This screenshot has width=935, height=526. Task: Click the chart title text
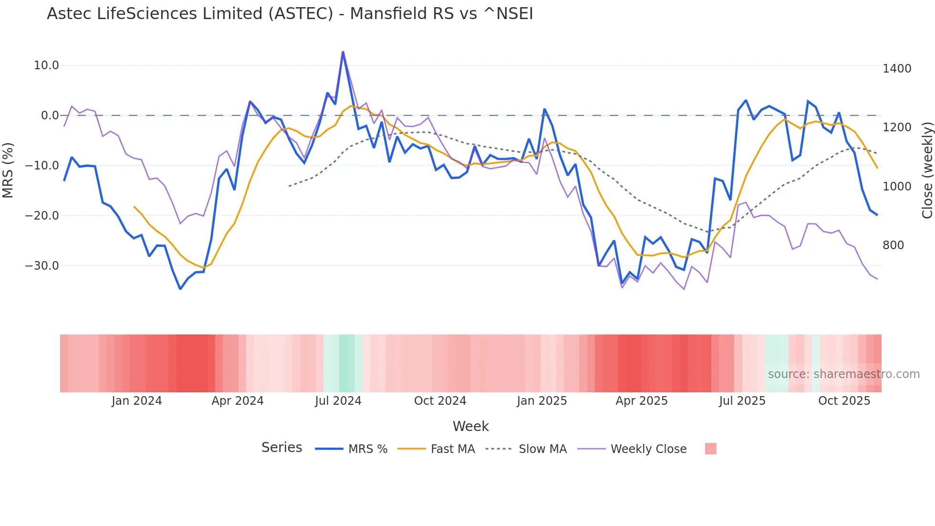[290, 14]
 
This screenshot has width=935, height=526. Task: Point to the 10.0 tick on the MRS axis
[46, 65]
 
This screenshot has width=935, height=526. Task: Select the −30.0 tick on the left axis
[42, 265]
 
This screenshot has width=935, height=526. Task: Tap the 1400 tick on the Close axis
[897, 69]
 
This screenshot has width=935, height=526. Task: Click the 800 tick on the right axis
[893, 245]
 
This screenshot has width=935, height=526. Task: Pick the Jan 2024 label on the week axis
[137, 401]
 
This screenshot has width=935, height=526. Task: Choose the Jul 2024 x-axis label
[338, 401]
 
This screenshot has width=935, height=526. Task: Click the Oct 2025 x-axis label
[844, 401]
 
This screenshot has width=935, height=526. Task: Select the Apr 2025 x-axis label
[642, 401]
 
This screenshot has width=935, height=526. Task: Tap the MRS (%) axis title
[8, 170]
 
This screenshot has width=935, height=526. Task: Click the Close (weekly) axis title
[927, 170]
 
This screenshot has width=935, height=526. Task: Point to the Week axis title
[470, 426]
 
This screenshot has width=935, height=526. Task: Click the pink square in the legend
[711, 449]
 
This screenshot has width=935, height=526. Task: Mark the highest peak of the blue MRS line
[343, 52]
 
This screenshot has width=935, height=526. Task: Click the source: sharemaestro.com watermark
[843, 374]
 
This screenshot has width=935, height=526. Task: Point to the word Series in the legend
[281, 448]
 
